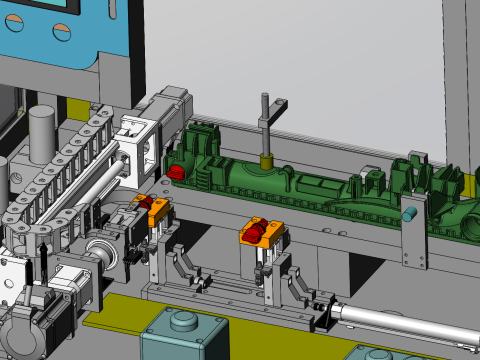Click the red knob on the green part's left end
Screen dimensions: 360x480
click(176, 173)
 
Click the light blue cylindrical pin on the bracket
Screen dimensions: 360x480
click(409, 214)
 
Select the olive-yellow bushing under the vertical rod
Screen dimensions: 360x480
click(267, 158)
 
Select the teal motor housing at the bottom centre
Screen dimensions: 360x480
click(183, 335)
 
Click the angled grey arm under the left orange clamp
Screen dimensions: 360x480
click(181, 264)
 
